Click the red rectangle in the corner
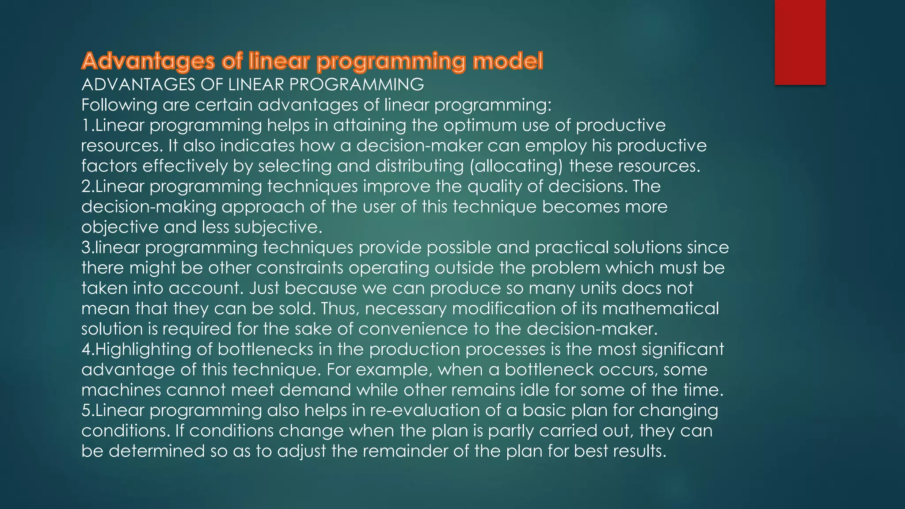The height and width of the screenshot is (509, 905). pos(800,42)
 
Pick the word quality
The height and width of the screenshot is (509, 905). pos(495,186)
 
